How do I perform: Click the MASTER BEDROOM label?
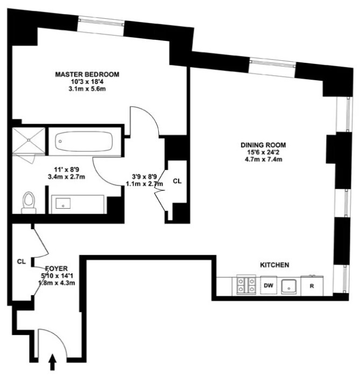[x=87, y=74]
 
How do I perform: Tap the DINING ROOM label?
[x=263, y=145]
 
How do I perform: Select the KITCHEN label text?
[x=275, y=265]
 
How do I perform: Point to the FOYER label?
[x=55, y=268]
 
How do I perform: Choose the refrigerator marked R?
[x=311, y=286]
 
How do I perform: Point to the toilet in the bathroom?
[x=27, y=203]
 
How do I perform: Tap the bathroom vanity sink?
[x=65, y=204]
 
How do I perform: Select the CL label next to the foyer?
[x=21, y=262]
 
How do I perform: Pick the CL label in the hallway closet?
[x=177, y=181]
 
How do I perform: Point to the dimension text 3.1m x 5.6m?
[x=87, y=89]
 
